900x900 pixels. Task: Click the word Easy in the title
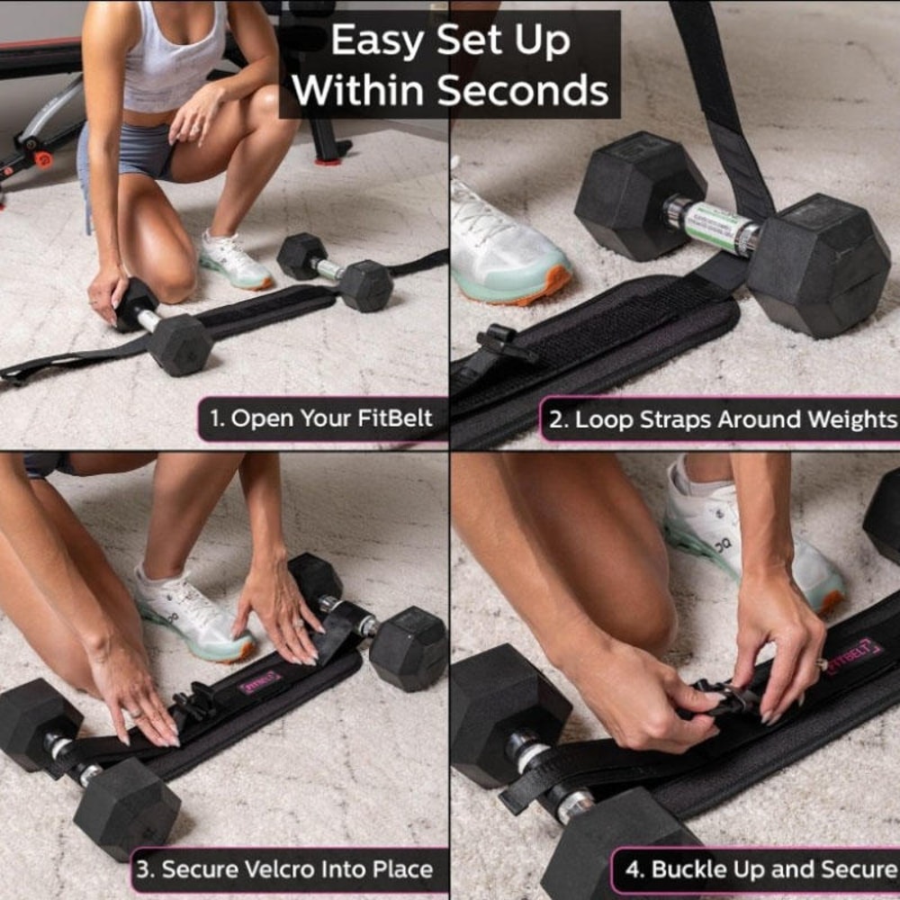[x=372, y=40]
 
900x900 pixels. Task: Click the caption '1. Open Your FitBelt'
[x=321, y=418]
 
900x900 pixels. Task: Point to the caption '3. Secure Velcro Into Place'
[x=284, y=869]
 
